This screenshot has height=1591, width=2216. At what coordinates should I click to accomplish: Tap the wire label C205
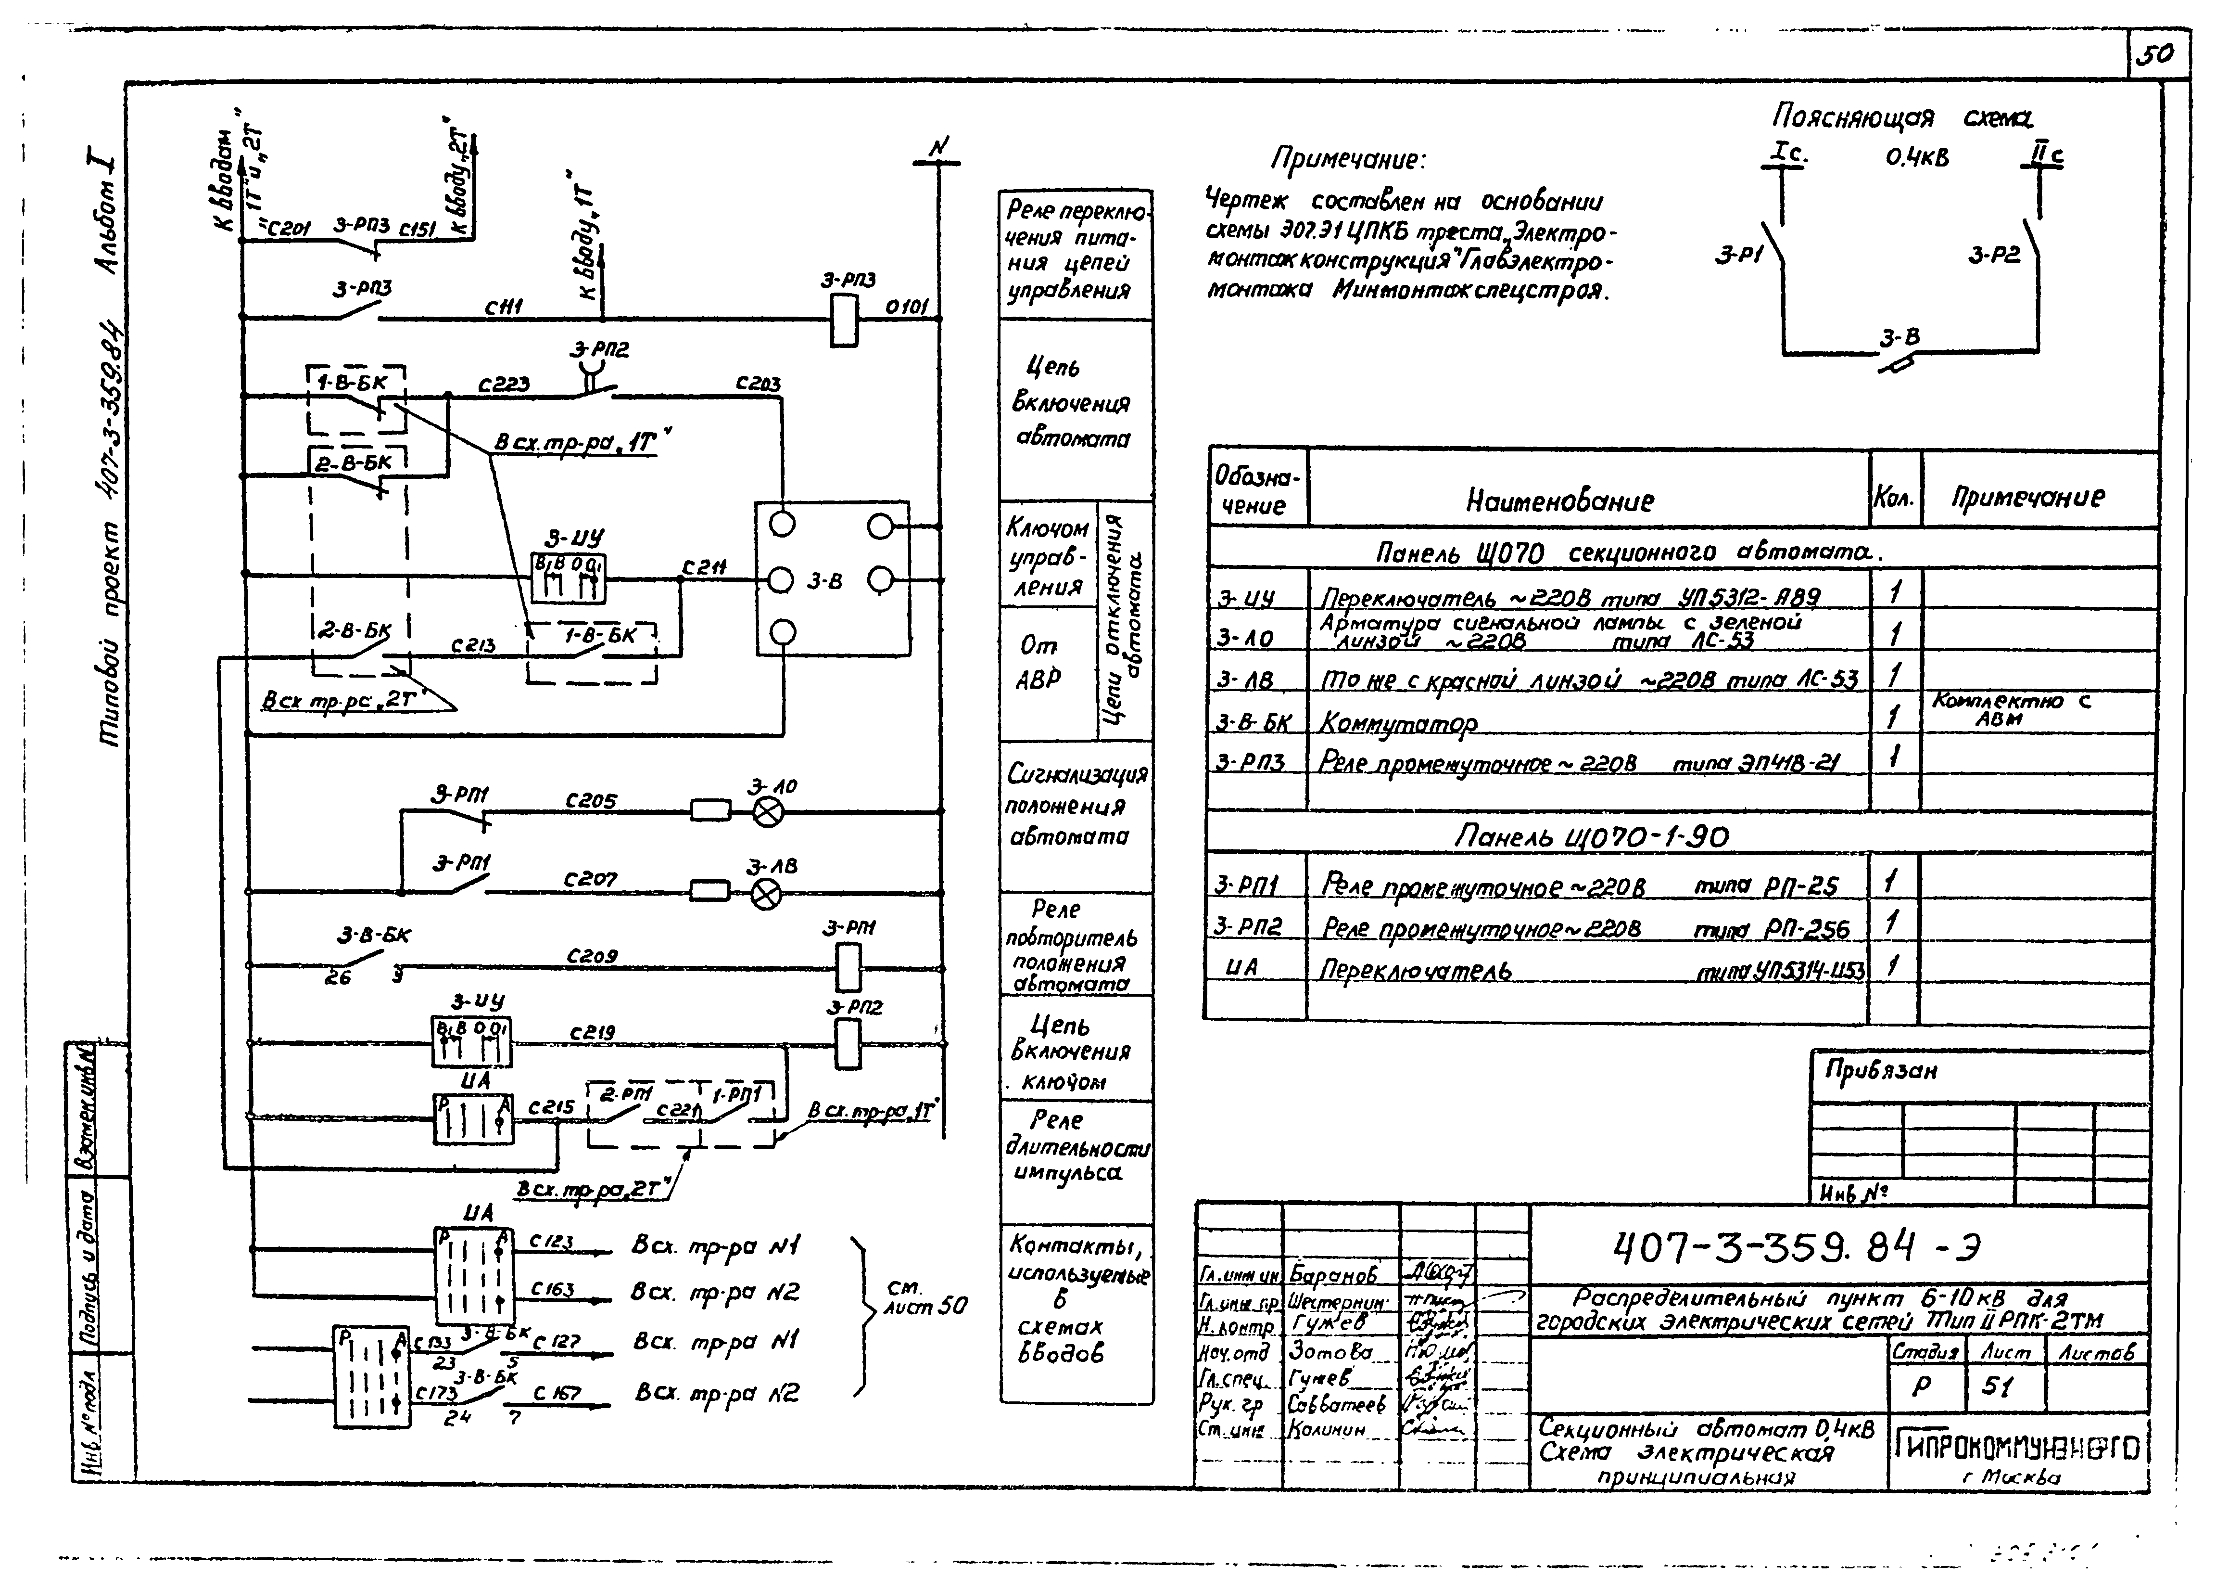coord(591,800)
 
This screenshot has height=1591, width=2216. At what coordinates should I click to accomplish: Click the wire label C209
coord(591,956)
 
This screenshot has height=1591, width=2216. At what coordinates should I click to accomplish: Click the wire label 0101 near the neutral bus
coord(907,307)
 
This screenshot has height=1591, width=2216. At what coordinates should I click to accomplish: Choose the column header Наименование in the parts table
coord(1559,501)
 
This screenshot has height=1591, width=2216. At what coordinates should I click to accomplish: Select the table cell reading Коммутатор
coord(1397,723)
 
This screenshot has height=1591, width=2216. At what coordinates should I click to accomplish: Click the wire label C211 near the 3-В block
coord(704,567)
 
